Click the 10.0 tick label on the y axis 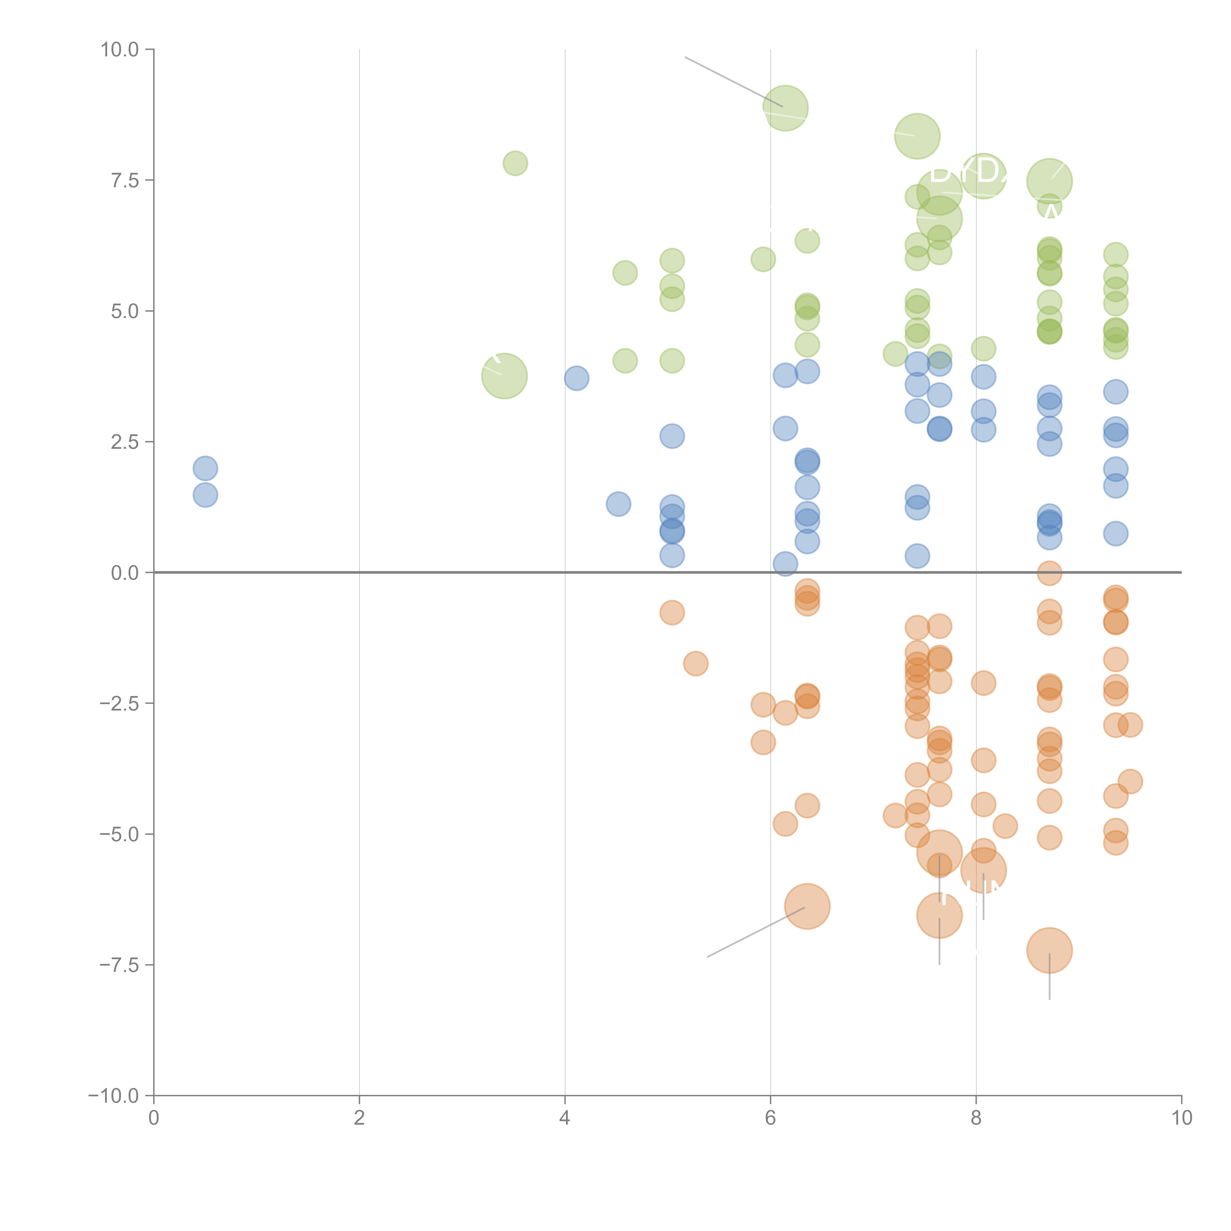pos(120,50)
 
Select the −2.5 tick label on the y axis pos(120,703)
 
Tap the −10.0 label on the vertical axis pos(114,1096)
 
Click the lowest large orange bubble pos(1049,950)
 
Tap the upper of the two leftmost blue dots pos(205,468)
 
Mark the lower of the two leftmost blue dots pos(205,495)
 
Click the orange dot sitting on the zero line pos(1049,573)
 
